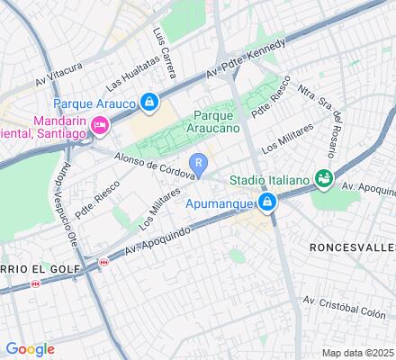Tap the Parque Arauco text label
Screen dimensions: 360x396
[x=94, y=104]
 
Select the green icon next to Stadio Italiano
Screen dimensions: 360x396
[x=320, y=181]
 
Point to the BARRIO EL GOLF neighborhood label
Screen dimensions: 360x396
[x=40, y=267]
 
